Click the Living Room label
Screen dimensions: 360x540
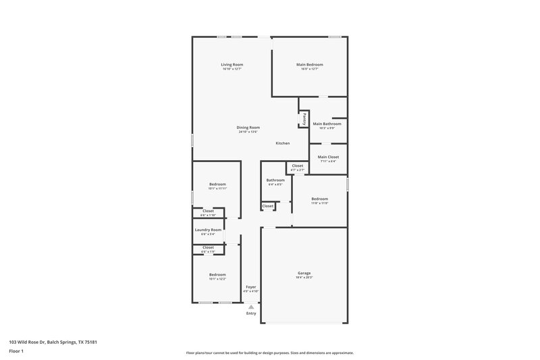click(232, 64)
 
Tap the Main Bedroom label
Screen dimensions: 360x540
click(309, 64)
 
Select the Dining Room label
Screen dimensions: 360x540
click(248, 127)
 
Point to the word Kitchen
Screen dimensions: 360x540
click(282, 143)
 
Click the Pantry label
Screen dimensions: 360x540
click(304, 118)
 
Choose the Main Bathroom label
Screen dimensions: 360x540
click(327, 124)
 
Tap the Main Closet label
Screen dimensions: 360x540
click(328, 157)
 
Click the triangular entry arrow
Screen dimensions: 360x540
click(250, 306)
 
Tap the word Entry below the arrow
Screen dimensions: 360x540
click(250, 313)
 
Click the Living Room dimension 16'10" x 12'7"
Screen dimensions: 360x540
click(232, 69)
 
